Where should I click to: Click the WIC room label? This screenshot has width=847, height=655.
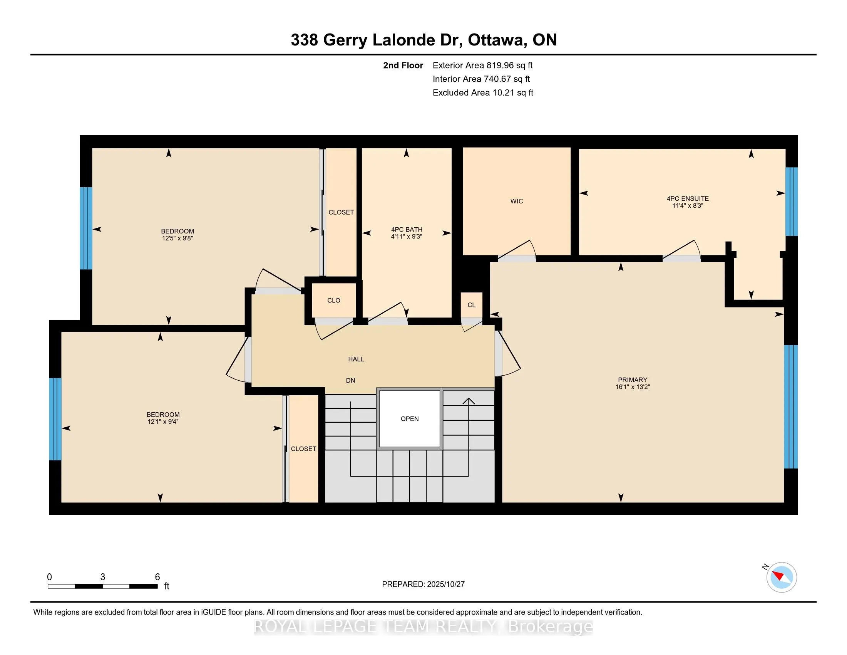coord(517,201)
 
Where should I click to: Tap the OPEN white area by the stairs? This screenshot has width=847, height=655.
coord(410,419)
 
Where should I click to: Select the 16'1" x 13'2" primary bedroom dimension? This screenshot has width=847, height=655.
coord(632,387)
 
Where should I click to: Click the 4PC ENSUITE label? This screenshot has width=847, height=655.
coord(688,198)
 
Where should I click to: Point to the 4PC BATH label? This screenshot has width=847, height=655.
coord(407,229)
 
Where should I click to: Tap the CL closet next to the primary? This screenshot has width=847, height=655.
coord(471,305)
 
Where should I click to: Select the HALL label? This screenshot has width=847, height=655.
coord(356,359)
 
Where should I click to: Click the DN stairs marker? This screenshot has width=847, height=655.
coord(350,381)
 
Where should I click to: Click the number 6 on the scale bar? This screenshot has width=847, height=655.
coord(157,577)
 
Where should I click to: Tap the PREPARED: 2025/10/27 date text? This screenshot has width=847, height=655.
coord(423,584)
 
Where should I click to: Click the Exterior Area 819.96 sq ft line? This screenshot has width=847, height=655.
coord(482,65)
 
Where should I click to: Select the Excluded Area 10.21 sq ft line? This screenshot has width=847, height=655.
coord(483,93)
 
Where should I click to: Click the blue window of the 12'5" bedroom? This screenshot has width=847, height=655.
coord(86,228)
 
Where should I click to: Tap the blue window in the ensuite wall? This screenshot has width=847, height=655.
coord(791,202)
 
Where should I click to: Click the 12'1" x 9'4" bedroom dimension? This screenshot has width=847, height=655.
coord(163,422)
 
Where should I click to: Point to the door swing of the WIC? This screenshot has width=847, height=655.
coord(518,250)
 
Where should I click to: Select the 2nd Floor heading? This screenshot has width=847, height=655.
coord(403,65)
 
